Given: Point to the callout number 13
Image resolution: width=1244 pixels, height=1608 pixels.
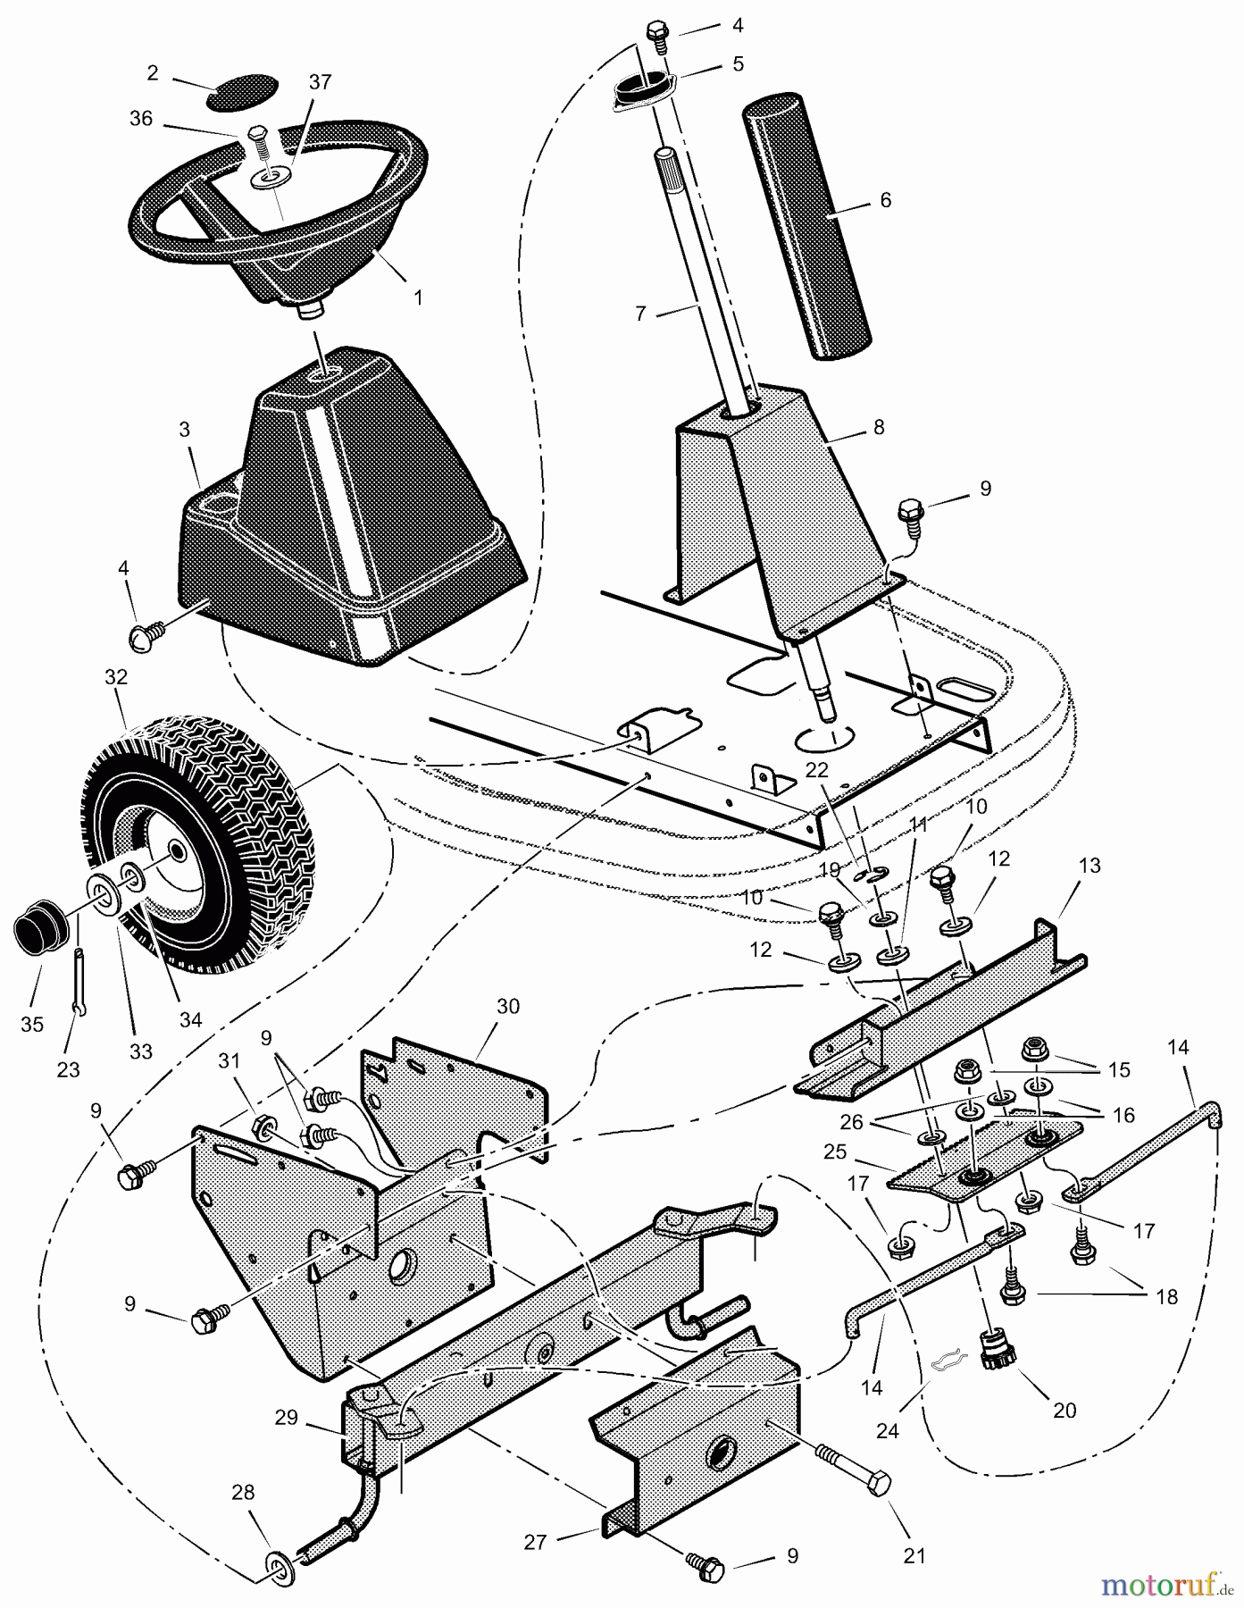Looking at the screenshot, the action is point(1089,866).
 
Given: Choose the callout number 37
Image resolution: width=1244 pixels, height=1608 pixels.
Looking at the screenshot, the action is point(320,82).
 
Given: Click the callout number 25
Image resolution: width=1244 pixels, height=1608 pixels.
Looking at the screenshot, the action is point(835,1152).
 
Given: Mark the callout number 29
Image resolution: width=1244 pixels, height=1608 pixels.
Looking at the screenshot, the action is point(286,1418).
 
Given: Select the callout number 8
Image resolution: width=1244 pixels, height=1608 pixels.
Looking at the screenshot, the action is point(879,428).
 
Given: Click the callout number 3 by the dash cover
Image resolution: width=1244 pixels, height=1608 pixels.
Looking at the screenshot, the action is point(185,430).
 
